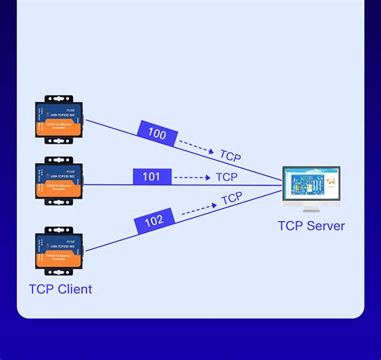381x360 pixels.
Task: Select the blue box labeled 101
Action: point(152,177)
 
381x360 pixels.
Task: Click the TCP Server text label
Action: point(311,226)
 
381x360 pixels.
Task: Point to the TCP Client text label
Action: point(60,289)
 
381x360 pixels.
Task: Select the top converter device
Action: point(59,121)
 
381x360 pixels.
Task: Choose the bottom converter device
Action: point(59,251)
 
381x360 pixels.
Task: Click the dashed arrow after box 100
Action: point(195,147)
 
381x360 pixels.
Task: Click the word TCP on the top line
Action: point(231,157)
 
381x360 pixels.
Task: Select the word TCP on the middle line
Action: point(227,177)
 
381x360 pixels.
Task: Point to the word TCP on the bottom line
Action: point(231,198)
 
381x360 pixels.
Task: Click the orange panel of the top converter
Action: point(59,129)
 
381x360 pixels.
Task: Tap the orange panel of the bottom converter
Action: point(59,259)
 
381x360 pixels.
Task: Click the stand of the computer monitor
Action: point(310,208)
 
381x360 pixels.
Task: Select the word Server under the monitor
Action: point(325,226)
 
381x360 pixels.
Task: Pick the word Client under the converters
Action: point(74,289)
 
